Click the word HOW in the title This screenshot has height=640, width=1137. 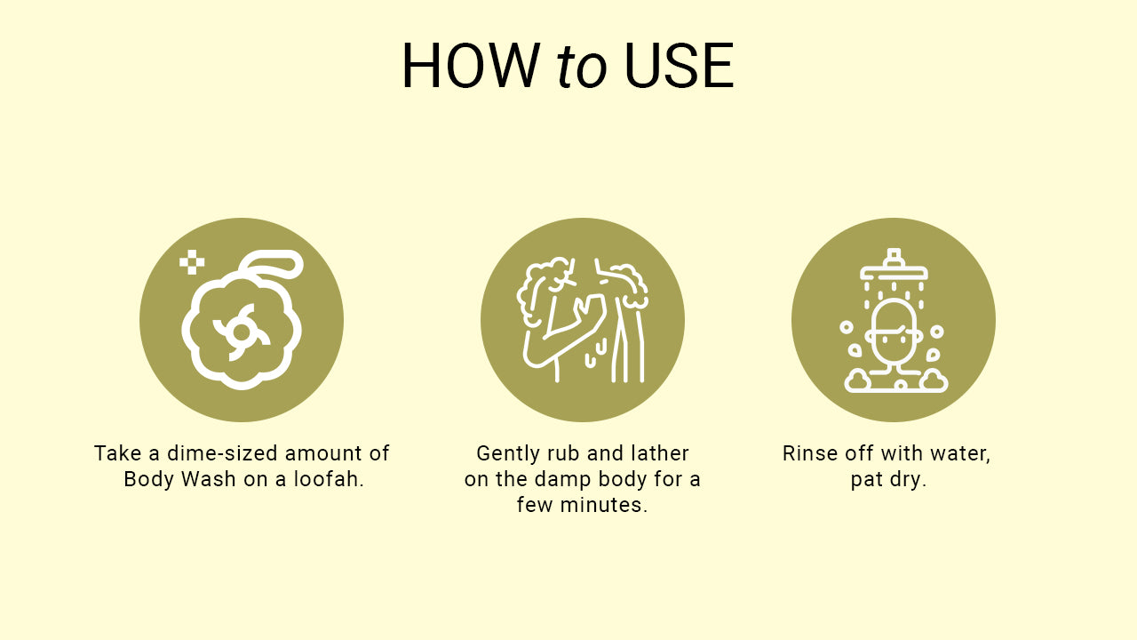471,66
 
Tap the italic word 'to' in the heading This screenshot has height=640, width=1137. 581,67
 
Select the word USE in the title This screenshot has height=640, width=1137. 680,66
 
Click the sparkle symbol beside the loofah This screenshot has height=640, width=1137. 192,262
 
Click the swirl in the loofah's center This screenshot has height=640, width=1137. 241,332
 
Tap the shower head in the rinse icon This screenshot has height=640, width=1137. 894,267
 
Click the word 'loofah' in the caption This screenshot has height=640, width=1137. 326,479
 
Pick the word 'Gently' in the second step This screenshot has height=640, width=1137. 505,453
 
